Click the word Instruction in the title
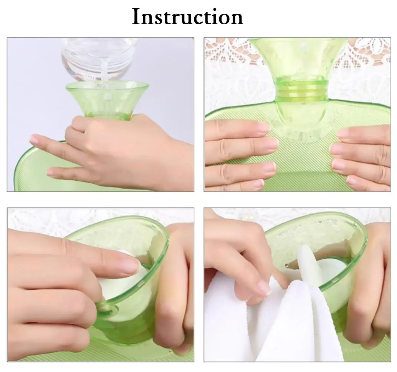[187, 17]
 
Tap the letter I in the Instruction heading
[136, 17]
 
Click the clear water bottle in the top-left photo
[99, 59]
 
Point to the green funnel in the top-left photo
[107, 99]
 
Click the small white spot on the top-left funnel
[108, 96]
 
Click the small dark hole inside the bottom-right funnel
[286, 265]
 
